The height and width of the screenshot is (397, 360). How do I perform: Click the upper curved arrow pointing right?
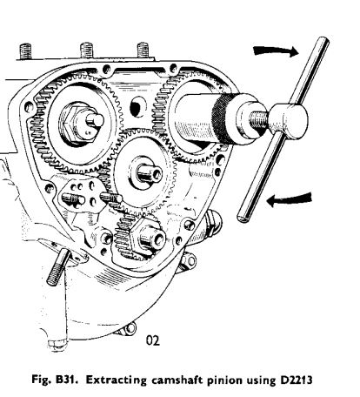pos(276,51)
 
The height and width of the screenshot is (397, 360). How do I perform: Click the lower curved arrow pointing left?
pos(290,199)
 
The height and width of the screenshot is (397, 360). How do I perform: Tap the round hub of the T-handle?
pos(289,119)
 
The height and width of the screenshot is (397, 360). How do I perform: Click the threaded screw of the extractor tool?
pos(258,118)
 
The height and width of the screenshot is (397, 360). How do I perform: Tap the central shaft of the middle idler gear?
pos(149,173)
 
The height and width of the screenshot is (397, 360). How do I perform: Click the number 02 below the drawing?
pos(153,340)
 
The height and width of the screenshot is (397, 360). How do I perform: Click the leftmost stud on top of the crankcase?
pos(25,51)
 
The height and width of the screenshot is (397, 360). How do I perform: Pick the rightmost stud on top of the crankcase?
pos(143,50)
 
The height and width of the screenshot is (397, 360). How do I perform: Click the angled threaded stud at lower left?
pos(58,268)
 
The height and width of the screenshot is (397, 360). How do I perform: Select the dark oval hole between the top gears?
pos(136,108)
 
